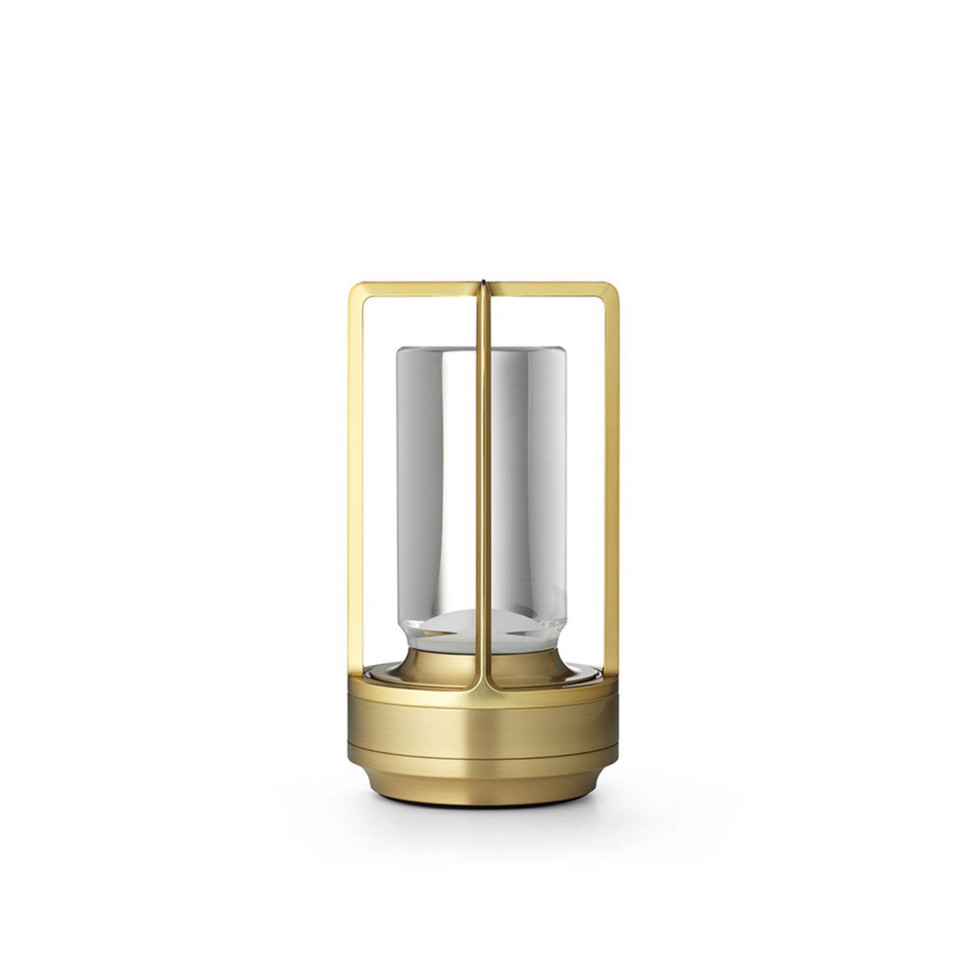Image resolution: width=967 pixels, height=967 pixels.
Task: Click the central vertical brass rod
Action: (x=483, y=483)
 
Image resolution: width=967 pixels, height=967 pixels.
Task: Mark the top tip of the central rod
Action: (x=483, y=282)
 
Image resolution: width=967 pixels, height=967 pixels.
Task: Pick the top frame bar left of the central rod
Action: (x=415, y=287)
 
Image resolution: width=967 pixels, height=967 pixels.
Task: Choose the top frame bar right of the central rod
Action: (x=552, y=287)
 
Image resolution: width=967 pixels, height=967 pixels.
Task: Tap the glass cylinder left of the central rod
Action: (x=435, y=483)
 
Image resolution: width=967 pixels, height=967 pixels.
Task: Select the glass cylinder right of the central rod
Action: (x=528, y=483)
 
